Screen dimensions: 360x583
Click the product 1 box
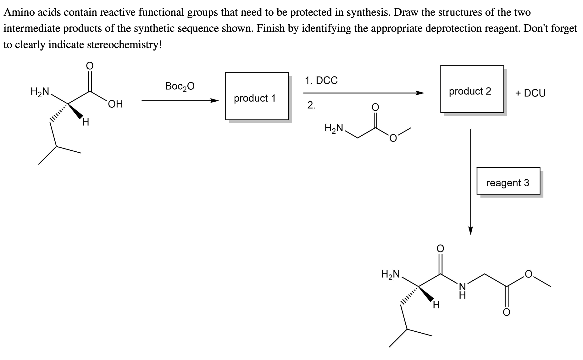[x=257, y=96]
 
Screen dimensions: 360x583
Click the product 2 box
[x=472, y=89]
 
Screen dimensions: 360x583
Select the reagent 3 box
[x=508, y=181]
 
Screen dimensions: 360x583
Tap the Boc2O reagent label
[x=180, y=86]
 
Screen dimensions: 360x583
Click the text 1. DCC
[x=321, y=81]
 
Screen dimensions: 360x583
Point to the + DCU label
[x=530, y=93]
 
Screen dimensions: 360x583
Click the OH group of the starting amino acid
[x=115, y=104]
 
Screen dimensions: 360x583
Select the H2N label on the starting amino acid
[x=40, y=92]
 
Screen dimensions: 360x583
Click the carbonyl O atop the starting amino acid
[x=90, y=65]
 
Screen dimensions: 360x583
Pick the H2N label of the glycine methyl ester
[x=334, y=128]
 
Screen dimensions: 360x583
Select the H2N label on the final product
[x=390, y=274]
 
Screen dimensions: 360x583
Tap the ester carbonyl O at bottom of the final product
[x=506, y=312]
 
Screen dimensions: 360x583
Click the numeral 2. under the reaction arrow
[x=311, y=105]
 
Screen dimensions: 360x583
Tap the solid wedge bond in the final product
[x=426, y=294]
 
